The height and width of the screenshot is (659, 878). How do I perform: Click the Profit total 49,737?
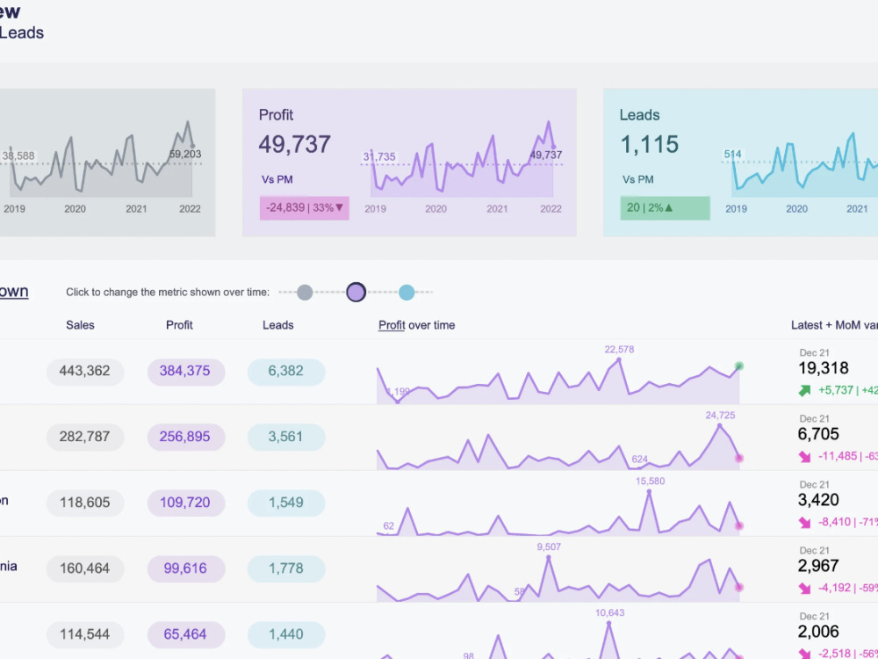coord(295,144)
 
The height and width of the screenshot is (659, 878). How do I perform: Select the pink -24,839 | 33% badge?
coord(305,208)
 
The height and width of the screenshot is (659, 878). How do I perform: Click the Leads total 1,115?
coord(650,144)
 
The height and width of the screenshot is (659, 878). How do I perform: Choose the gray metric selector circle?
coord(305,293)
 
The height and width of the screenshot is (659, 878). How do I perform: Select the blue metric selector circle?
coord(407,293)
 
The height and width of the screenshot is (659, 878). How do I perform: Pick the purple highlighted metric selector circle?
coord(356,293)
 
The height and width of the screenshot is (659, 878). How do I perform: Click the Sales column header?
coord(80,325)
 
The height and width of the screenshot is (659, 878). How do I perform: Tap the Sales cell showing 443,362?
coord(85,371)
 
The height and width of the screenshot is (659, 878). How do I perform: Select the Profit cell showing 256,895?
coord(185,437)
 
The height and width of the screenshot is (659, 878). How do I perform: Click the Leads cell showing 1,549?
coord(286,503)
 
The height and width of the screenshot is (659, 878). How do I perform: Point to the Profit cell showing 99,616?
coord(185,568)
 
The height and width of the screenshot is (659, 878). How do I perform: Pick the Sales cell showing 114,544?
coord(85,634)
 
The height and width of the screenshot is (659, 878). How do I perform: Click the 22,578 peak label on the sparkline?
coord(619,350)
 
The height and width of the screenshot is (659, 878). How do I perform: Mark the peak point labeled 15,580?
coord(649,492)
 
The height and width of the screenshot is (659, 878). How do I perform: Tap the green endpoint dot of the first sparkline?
coord(739,366)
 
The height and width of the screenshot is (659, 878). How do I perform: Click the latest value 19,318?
coord(824,369)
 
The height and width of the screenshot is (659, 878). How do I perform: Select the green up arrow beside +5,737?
coord(805,390)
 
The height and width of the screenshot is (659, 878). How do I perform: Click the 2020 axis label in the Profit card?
coord(436,209)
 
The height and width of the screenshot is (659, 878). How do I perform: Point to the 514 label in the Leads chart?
coord(732,155)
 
